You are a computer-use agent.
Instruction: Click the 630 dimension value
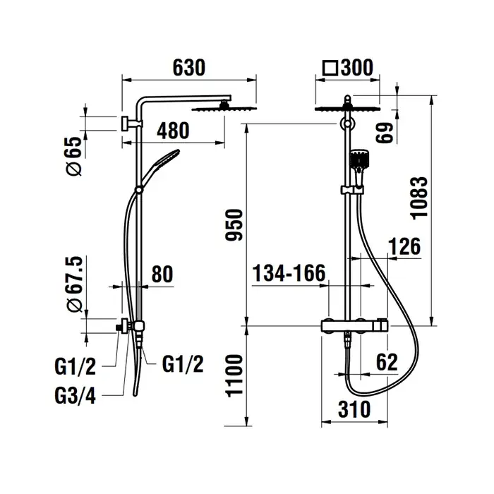pos(188,68)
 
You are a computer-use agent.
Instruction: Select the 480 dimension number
pos(173,131)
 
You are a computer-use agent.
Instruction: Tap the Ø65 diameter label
pos(75,156)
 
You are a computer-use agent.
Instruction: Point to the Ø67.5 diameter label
pos(75,284)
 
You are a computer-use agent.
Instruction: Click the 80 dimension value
pos(162,275)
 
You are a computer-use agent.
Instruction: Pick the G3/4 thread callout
pos(75,396)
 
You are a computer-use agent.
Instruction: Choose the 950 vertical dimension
pos(234,225)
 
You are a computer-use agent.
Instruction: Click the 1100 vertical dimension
pos(234,375)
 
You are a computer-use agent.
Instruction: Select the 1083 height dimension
pos(419,198)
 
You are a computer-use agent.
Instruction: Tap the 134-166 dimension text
pos(289,273)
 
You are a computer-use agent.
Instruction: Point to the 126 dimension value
pos(404,246)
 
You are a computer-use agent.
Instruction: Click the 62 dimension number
pos(387,362)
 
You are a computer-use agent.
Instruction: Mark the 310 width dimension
pos(354,409)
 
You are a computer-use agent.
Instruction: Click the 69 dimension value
pos(385,133)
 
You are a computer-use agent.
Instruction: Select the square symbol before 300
pos(330,68)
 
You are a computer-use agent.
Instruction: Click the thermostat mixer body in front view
pos(354,325)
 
